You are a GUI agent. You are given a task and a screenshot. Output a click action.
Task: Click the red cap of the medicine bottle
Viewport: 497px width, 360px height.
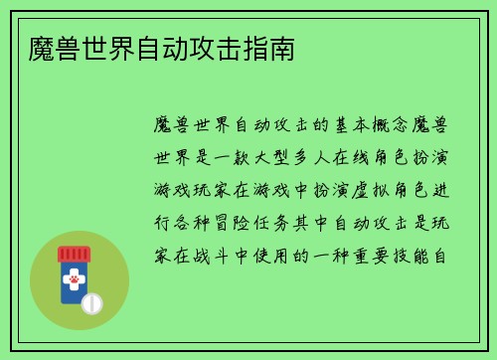click(73, 254)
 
